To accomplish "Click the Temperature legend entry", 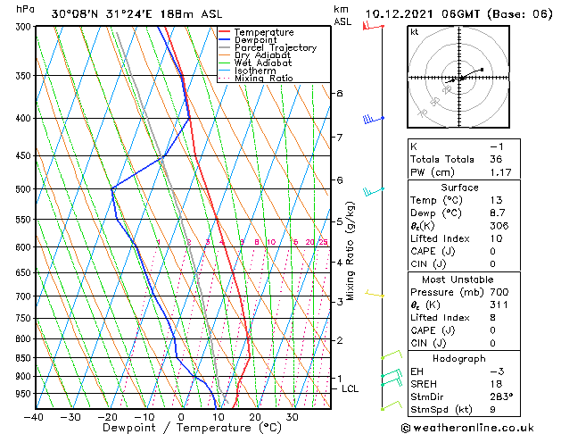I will tap(264, 32).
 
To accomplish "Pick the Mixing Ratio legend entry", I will tap(264, 79).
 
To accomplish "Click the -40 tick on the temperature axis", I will tap(34, 416).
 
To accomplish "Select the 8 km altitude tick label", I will tap(340, 93).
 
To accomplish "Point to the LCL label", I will tap(350, 389).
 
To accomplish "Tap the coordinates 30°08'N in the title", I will tap(76, 13).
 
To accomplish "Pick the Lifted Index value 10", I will tap(497, 238).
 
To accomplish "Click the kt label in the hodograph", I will tap(414, 32).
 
